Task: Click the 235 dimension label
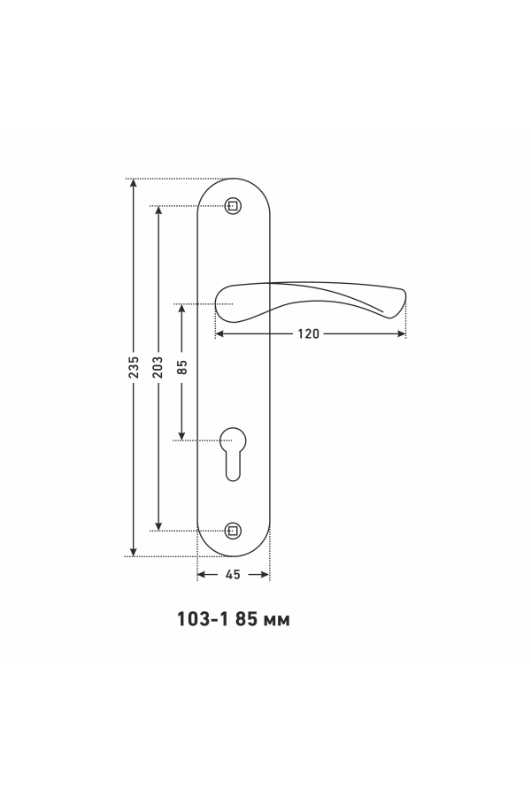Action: coord(134,367)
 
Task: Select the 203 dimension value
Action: coord(158,367)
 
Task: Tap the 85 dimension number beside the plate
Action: coord(182,367)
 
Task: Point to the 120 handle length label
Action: coord(309,334)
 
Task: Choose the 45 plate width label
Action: coord(233,575)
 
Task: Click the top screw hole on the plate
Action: coord(233,206)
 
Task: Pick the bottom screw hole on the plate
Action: coord(233,531)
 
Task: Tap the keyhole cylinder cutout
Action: coord(233,454)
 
